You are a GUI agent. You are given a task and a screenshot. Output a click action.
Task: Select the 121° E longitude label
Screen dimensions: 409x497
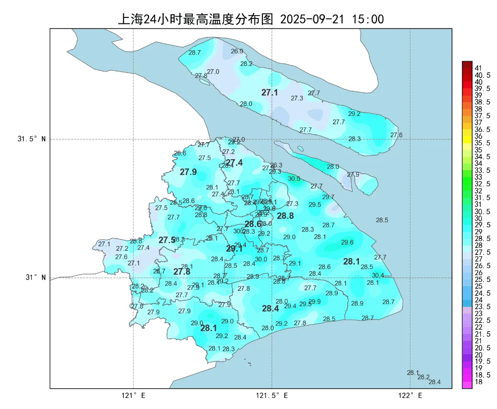coord(133,395)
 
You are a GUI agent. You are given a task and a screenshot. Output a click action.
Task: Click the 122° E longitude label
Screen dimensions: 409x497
coord(410,395)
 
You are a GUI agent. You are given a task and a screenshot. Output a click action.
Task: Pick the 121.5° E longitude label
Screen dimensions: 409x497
coord(272,395)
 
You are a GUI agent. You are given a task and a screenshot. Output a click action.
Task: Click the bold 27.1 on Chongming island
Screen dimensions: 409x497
coord(270,92)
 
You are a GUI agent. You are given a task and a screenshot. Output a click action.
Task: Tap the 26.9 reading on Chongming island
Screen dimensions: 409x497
coord(237,52)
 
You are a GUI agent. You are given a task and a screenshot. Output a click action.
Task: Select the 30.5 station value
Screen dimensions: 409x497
coord(294,179)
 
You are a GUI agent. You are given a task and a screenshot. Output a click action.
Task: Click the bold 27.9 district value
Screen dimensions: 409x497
coord(188,172)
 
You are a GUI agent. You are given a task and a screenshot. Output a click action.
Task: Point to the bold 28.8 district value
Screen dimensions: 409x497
coord(285,216)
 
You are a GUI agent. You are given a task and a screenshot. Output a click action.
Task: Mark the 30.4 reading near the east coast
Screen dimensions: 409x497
coord(378,275)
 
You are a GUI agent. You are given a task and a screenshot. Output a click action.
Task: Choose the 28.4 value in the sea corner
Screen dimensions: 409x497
coord(434,382)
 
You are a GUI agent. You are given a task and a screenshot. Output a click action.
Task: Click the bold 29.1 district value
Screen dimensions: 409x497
coord(234,249)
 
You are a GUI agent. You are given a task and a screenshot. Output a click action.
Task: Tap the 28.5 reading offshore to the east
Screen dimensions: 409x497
coord(382,220)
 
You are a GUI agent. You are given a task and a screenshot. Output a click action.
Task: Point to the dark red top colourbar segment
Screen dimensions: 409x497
coord(467,64)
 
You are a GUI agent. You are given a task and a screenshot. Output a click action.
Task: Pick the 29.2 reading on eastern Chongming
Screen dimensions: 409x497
coord(354,114)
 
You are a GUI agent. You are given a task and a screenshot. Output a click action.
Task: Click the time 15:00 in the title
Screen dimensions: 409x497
coord(368,19)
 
